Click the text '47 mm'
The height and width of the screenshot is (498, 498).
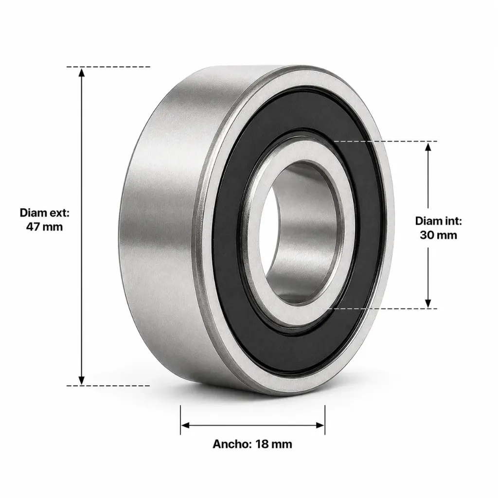(x=44, y=227)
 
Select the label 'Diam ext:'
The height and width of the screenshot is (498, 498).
(x=44, y=213)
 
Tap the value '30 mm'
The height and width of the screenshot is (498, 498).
(x=438, y=235)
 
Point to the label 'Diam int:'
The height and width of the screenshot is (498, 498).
(x=438, y=221)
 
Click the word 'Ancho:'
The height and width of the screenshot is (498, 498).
(x=232, y=444)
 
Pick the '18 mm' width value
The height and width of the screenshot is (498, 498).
(x=274, y=444)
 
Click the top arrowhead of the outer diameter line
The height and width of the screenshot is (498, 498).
(x=82, y=72)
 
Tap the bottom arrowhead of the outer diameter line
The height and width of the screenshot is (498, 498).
(x=82, y=380)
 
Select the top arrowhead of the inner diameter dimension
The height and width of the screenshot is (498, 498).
(x=428, y=147)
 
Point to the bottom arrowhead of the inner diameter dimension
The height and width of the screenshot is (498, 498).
(x=428, y=303)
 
